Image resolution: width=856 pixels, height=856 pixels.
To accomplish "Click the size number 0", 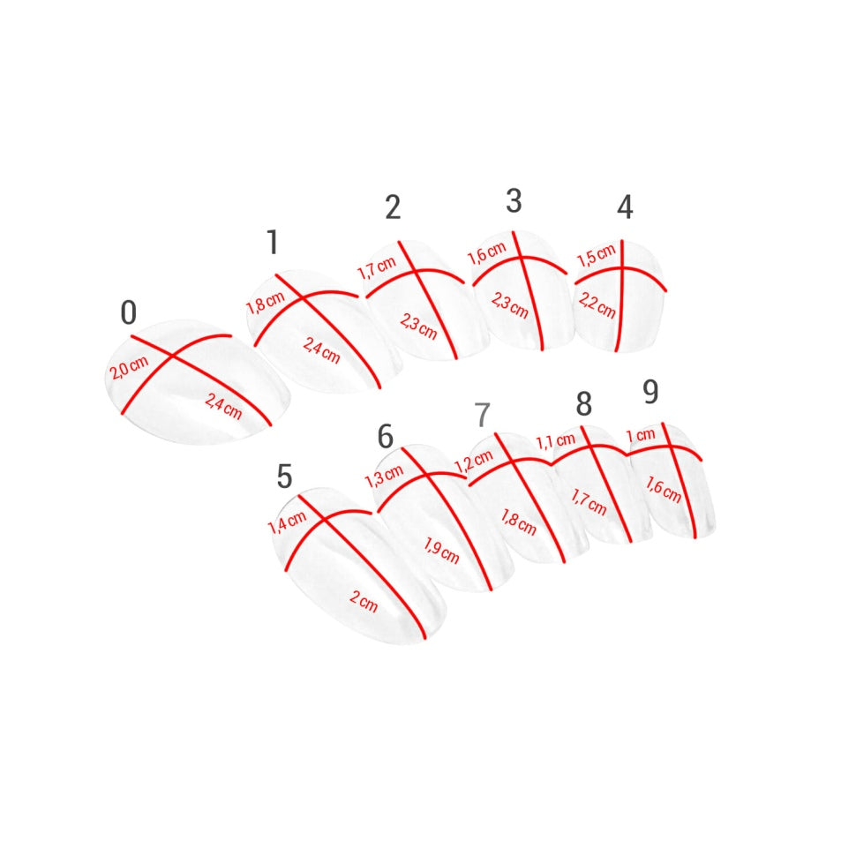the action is point(128,312).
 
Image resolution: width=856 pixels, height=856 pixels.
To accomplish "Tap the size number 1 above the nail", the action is point(273,242).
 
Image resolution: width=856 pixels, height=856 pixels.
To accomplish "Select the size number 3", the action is point(514,201).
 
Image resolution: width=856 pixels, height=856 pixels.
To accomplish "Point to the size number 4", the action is point(625,206).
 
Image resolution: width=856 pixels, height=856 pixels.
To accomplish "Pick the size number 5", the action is point(284,476).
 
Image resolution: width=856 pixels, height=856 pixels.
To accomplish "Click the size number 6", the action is point(386,436).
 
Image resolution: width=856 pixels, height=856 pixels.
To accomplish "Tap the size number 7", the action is point(483,415).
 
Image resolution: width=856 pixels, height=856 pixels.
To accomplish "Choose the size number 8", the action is point(584,404).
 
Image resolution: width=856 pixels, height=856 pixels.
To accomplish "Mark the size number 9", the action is point(650,392).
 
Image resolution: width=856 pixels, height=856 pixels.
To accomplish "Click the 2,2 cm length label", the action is point(597,305).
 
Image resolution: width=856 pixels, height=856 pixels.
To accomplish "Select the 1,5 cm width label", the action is point(597,256).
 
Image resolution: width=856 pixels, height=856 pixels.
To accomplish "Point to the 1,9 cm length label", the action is point(441,551).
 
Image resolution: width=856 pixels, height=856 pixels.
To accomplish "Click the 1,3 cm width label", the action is point(384,476).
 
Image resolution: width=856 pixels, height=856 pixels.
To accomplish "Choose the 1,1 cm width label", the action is point(556,441).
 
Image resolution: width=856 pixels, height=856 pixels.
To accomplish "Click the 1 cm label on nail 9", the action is point(641,435).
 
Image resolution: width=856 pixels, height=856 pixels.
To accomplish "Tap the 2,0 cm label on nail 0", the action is point(129,368).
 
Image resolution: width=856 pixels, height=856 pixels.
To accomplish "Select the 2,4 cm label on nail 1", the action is point(321,350).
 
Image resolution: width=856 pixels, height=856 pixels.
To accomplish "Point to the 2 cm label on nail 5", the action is point(364,602).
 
